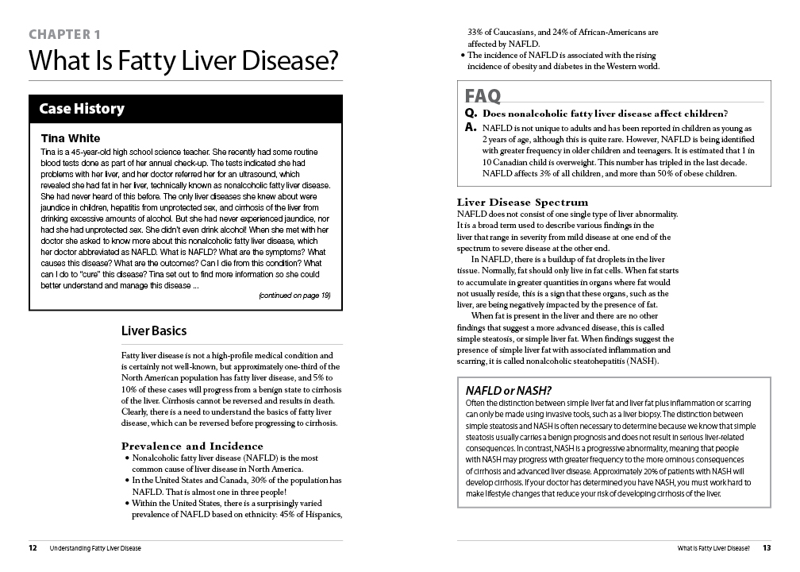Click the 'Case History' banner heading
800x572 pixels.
coord(82,109)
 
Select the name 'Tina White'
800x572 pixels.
coord(71,138)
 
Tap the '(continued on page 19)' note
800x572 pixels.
coord(294,296)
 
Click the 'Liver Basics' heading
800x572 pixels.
coord(154,330)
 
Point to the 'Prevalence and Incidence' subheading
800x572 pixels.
coord(192,446)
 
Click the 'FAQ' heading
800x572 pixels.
coord(483,96)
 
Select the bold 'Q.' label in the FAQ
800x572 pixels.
coord(471,114)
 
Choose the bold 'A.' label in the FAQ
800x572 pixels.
coord(471,126)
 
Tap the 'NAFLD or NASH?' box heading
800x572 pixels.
coord(509,390)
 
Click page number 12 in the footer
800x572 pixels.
coord(33,547)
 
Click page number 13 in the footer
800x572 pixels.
coord(767,547)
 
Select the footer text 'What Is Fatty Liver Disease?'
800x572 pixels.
coord(713,547)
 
